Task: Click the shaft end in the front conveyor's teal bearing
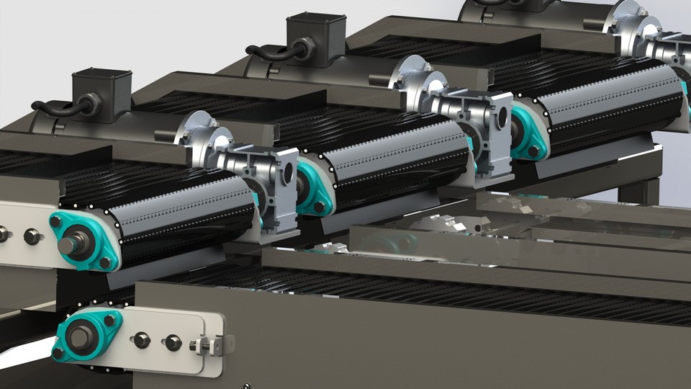pos(68,245)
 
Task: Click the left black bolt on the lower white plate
pos(142,339)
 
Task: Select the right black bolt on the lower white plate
pos(173,343)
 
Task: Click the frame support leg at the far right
pos(637,192)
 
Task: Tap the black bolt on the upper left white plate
pos(32,236)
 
